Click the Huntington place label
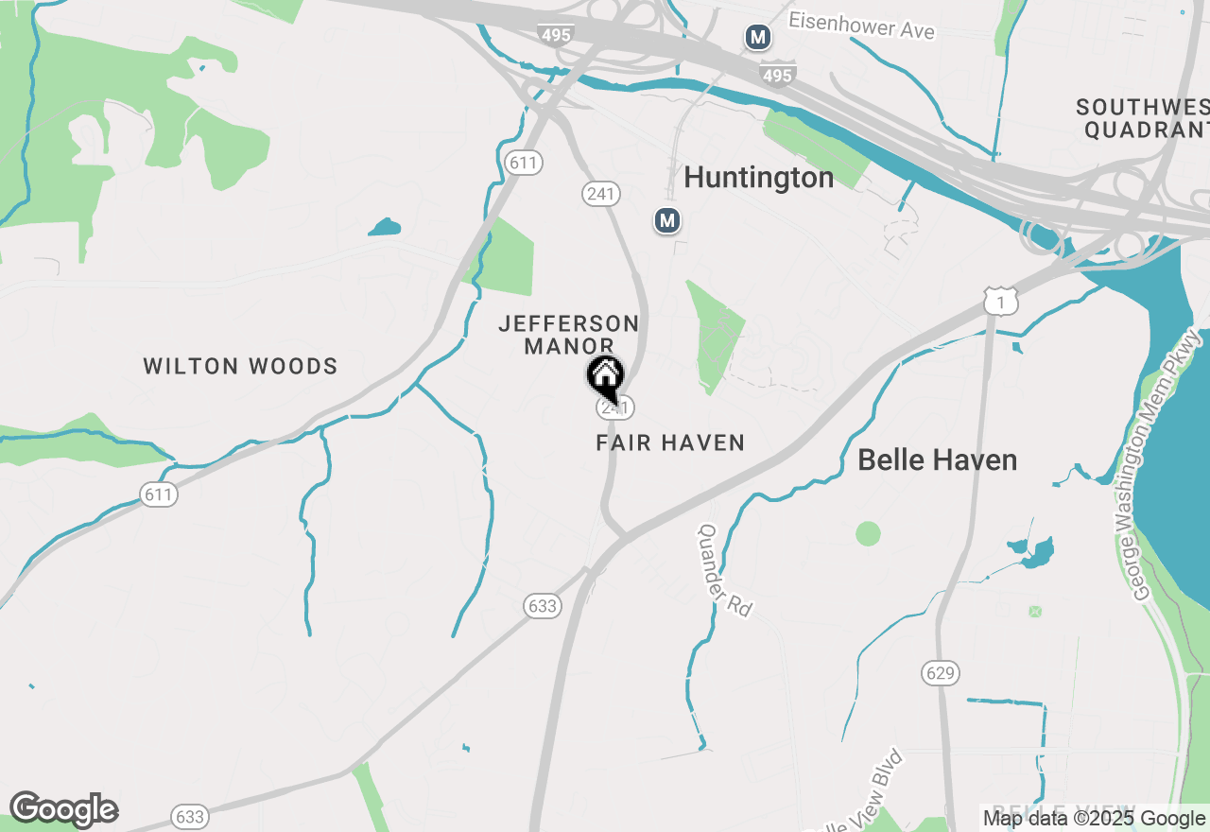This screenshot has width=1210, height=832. pos(758,177)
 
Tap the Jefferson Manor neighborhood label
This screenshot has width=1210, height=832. pos(569,335)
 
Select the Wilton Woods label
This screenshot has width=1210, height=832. pos(240,366)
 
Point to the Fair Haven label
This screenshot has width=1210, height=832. pos(670,442)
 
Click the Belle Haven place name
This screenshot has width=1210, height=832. pos(937,460)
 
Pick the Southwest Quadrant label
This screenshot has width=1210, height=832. pos(1144,118)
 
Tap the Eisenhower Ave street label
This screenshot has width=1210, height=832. pos(861,26)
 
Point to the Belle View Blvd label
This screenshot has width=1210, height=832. pos(862,793)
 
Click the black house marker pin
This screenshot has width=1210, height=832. pos(605,376)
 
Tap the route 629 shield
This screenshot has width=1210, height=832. pos(941,673)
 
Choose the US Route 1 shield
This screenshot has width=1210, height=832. pos(1000,302)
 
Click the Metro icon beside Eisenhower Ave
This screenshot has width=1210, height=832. pos(757,38)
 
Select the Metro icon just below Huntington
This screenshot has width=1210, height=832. pos(667,221)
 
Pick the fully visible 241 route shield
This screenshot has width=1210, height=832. pos(599,194)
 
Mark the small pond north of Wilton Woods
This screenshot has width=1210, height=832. pos(385,227)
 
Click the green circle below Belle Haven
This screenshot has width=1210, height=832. pos(868,533)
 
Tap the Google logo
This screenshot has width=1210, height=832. pos(63,809)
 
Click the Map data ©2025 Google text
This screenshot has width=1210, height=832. pos(1094,819)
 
